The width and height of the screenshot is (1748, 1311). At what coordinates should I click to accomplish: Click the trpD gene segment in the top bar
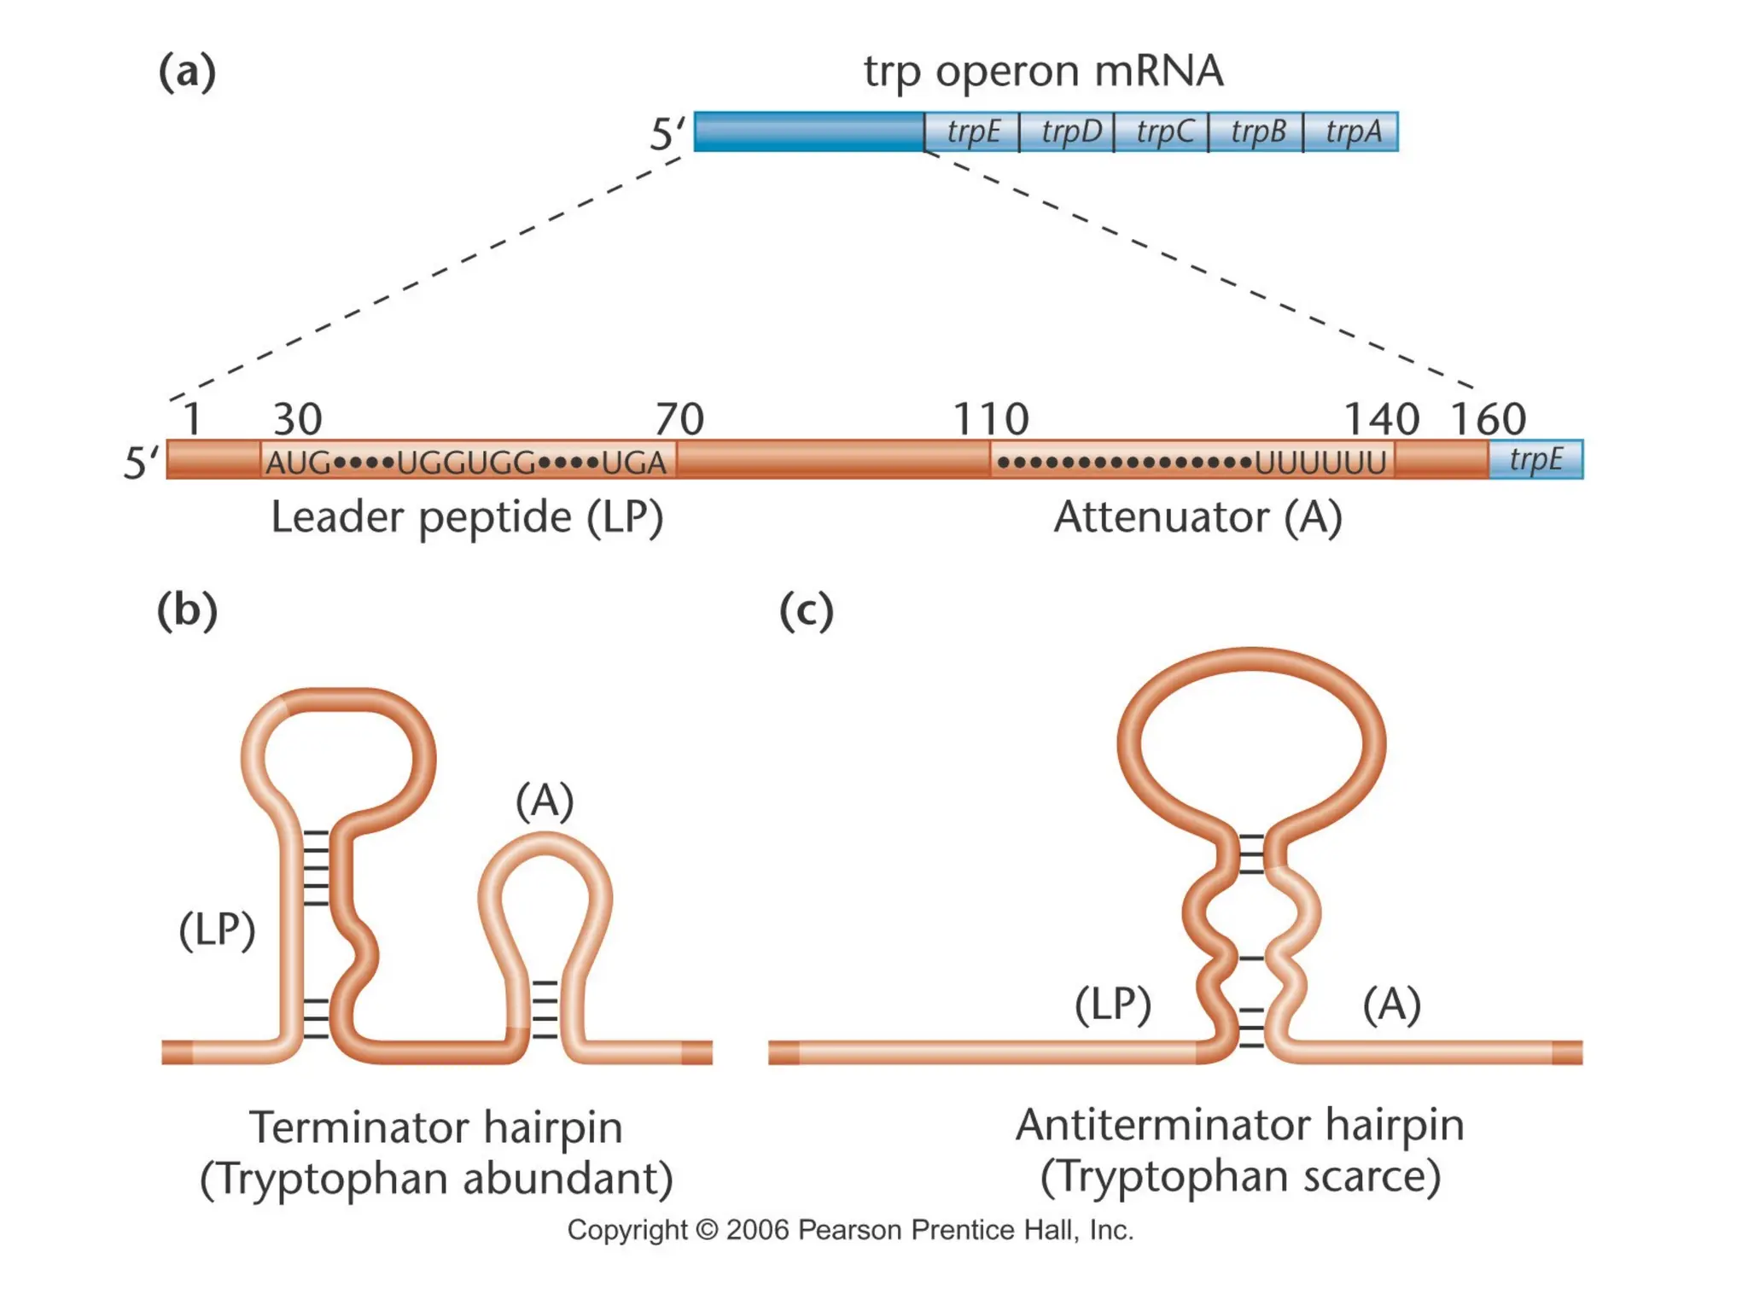pos(1070,132)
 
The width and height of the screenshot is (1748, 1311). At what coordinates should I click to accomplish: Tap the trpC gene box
pos(1164,132)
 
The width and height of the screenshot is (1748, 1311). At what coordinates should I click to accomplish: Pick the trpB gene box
pos(1258,132)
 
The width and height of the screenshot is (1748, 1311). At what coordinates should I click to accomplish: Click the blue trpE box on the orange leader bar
pos(1535,460)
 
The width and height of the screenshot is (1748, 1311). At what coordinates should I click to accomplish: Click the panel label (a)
pos(187,72)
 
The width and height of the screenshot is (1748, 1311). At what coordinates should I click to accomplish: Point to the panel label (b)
pos(187,610)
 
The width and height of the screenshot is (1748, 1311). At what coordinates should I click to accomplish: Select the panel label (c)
pos(806,610)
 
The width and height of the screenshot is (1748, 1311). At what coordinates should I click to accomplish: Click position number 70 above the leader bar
pos(679,419)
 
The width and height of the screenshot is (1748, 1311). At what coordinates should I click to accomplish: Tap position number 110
pos(990,419)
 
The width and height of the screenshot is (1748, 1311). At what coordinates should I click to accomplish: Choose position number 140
pos(1381,419)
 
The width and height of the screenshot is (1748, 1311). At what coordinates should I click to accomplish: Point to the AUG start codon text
pos(298,463)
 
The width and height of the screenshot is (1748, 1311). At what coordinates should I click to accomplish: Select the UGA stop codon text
pos(633,463)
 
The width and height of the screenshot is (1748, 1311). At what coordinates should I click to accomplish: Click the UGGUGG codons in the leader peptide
pos(466,463)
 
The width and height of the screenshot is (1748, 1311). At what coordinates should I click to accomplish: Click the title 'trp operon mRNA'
pos(1043,72)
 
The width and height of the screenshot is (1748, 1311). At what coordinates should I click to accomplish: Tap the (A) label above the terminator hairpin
pos(545,801)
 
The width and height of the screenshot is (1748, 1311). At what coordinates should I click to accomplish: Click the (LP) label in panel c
pos(1113,1004)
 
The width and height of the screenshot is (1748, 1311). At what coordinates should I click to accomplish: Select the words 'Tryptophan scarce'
pos(1240,1176)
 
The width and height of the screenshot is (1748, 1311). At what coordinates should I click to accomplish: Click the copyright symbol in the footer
pos(707,1230)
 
